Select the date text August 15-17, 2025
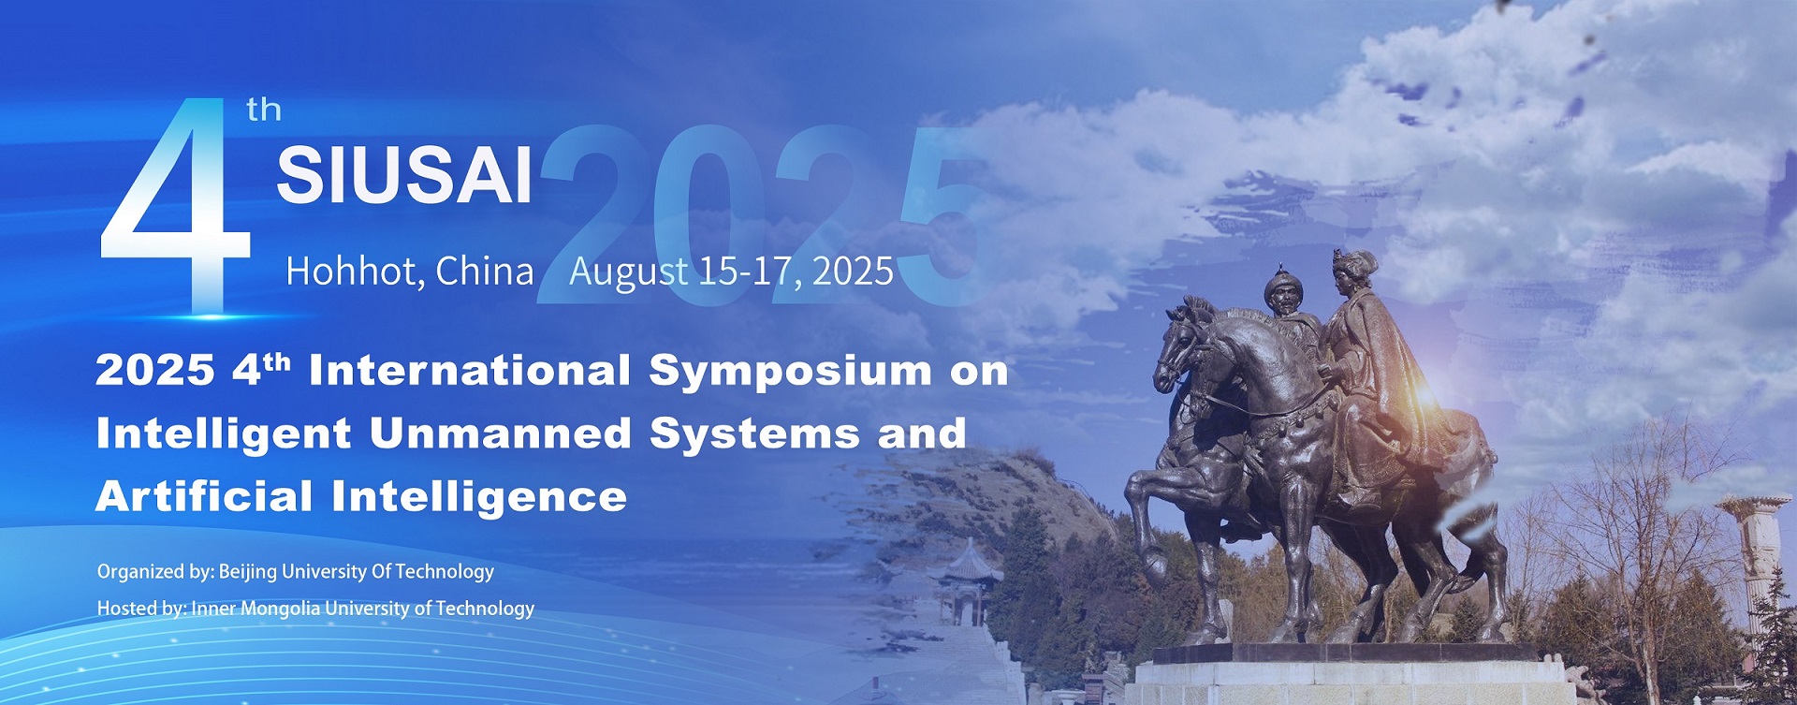(731, 272)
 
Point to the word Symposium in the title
(791, 372)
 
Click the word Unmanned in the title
(501, 433)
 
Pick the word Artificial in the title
(204, 495)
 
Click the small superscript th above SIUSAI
(264, 110)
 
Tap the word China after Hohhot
(484, 271)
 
